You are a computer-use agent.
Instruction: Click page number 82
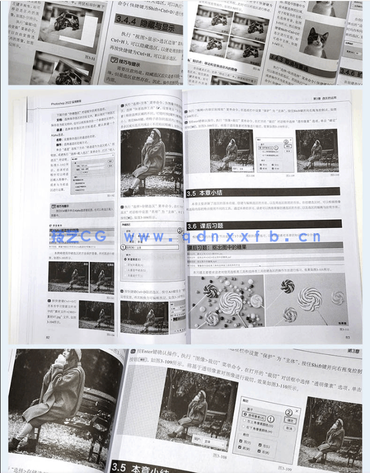48,337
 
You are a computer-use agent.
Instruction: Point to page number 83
345,337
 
